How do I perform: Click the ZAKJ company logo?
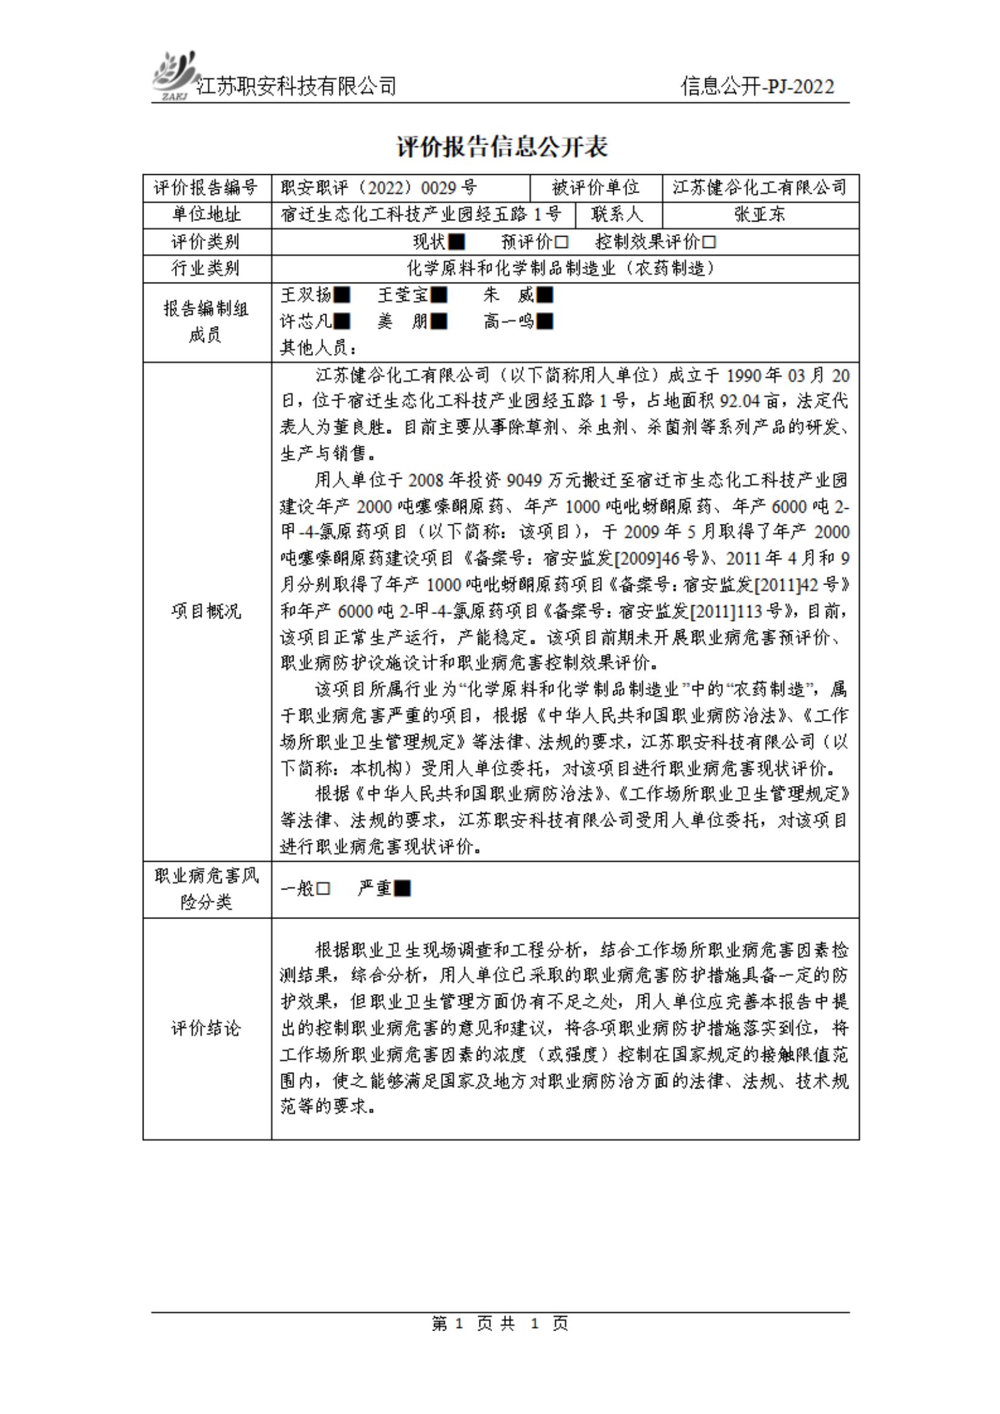[x=173, y=76]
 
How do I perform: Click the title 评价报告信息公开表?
[x=502, y=146]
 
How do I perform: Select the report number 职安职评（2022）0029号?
[x=378, y=187]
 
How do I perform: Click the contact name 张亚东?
[x=759, y=214]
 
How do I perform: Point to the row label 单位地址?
[x=206, y=214]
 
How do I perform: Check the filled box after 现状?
[x=456, y=241]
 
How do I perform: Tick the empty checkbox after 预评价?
[x=561, y=241]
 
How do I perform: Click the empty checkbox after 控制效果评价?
[x=709, y=241]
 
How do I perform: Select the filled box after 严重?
[x=402, y=888]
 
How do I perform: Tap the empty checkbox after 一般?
[x=323, y=888]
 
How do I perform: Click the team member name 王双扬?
[x=306, y=295]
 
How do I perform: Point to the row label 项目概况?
[x=206, y=611]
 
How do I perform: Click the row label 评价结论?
[x=206, y=1028]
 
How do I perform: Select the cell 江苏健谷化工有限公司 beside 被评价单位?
[x=759, y=187]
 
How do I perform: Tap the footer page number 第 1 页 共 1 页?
[x=499, y=1323]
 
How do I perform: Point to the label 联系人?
[x=617, y=214]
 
